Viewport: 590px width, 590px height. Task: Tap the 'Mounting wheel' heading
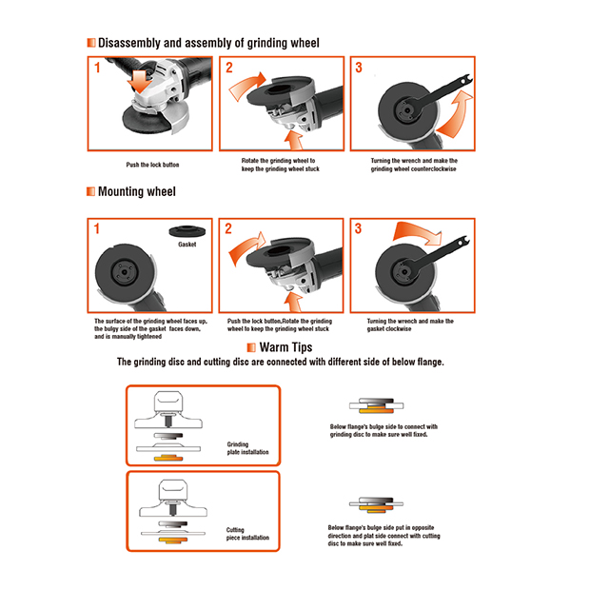[137, 191]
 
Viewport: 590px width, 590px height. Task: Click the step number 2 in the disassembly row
[228, 68]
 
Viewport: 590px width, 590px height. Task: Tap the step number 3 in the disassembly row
[359, 68]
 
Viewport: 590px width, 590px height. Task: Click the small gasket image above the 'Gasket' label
[186, 231]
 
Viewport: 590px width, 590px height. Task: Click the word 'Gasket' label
[187, 245]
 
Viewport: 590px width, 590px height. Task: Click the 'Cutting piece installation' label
[246, 534]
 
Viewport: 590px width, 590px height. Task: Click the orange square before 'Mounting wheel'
[90, 191]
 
